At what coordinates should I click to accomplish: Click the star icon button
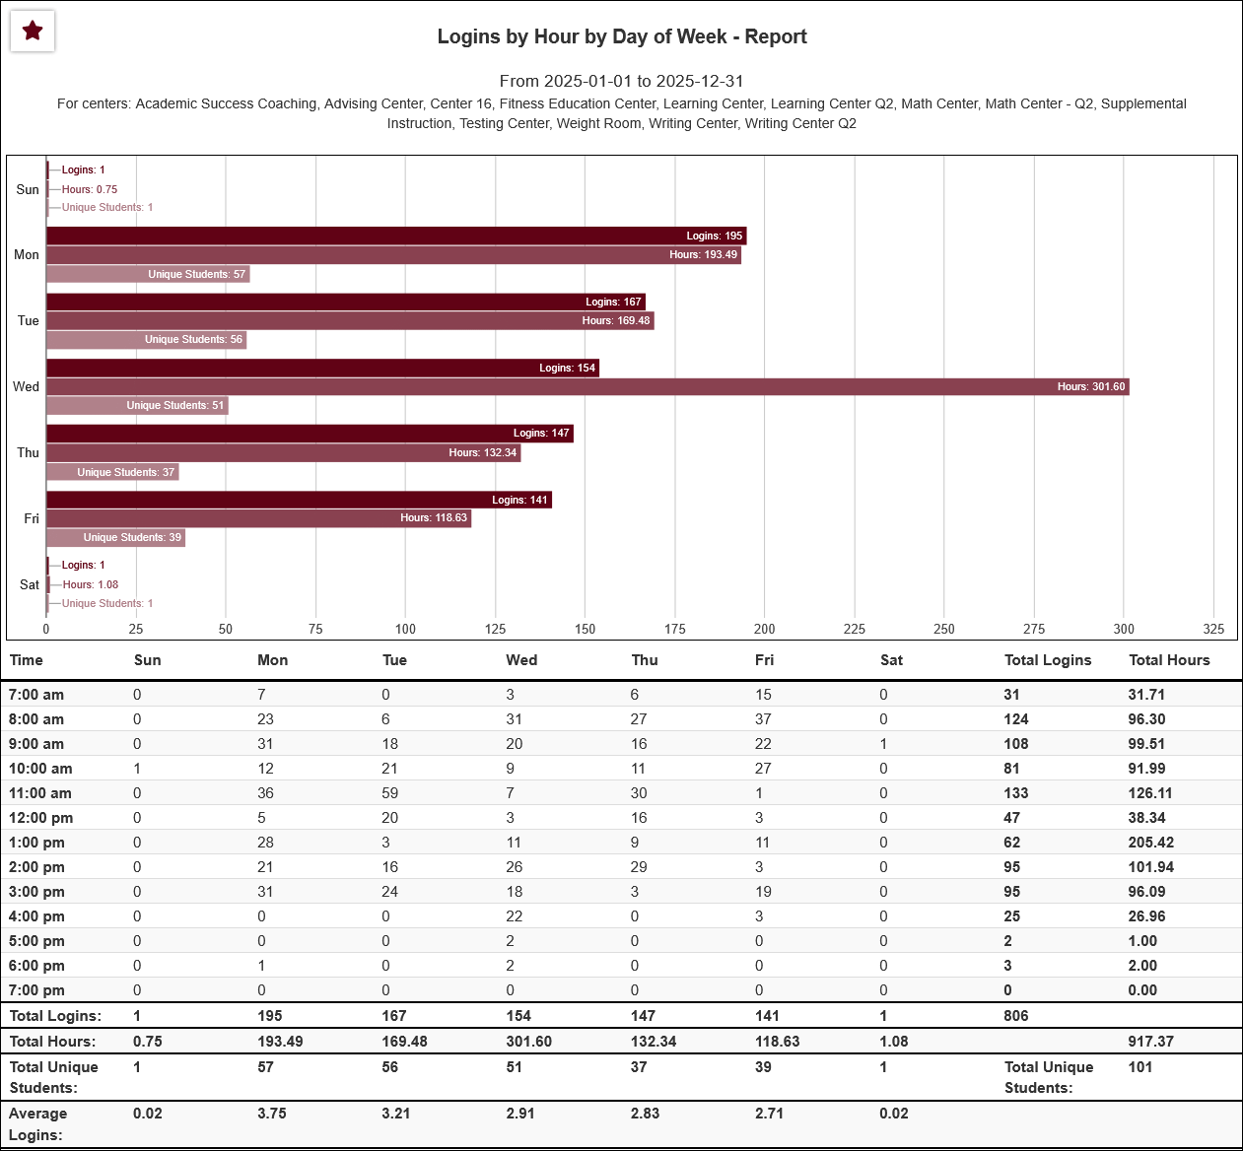point(33,32)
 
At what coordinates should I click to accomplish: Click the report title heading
point(622,36)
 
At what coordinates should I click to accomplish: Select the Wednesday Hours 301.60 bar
point(587,386)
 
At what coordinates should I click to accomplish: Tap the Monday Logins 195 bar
point(396,236)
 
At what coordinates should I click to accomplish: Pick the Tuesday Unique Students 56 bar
point(146,339)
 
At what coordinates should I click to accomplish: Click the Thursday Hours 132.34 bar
point(283,452)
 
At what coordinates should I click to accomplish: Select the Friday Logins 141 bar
point(299,500)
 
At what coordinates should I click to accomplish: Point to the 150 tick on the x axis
point(585,629)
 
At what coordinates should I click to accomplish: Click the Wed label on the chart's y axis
point(27,386)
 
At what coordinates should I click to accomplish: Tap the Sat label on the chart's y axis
point(30,584)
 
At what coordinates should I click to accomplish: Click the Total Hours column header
point(1169,660)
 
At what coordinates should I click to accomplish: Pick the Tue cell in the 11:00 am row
point(390,793)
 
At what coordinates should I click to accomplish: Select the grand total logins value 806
point(1016,1016)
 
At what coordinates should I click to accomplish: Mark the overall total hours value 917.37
point(1150,1042)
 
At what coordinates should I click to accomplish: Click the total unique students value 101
point(1140,1067)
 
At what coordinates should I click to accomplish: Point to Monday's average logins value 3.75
point(272,1114)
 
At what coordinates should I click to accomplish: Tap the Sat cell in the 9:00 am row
point(884,744)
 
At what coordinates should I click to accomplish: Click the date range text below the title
point(621,81)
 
